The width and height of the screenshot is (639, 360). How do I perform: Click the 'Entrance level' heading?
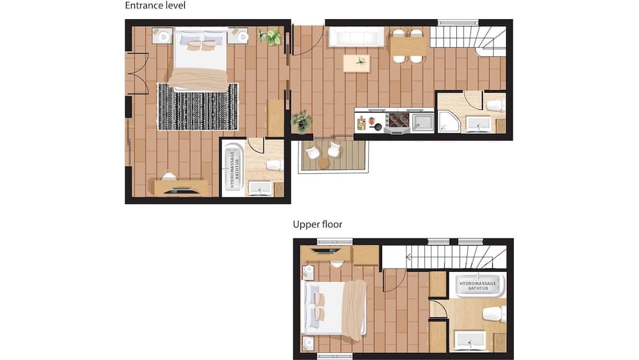coord(155,6)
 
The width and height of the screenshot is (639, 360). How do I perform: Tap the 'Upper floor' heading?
coord(318,224)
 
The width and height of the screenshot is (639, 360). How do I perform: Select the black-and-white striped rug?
coord(197,107)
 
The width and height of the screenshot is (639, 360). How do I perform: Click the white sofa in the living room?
coord(356,37)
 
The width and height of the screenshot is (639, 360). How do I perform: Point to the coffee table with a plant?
coord(357,63)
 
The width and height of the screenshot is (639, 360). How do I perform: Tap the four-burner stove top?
coord(399,121)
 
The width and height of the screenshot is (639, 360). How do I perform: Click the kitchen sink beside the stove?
coord(422,122)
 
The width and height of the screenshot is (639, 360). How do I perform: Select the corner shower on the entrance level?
coord(449,122)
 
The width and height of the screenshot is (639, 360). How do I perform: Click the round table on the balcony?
coord(323,164)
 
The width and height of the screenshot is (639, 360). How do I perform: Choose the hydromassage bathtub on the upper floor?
coord(477,285)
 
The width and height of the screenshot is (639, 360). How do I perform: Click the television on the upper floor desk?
coord(325,250)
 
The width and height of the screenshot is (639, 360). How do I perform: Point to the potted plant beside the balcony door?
coord(302,121)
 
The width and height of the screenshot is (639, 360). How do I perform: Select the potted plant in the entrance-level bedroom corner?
coord(270,36)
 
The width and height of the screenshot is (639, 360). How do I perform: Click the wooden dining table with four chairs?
coord(408,45)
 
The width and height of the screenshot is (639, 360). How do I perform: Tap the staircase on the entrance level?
coord(468,42)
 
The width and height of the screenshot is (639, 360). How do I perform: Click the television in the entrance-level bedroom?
coord(180,190)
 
